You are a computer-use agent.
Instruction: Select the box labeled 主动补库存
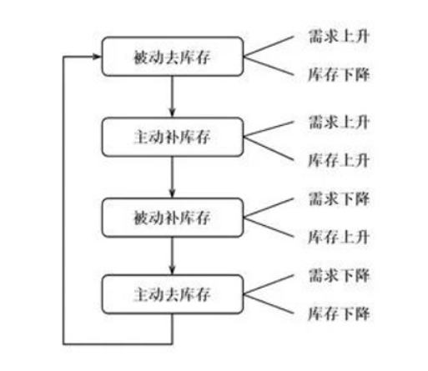(x=172, y=135)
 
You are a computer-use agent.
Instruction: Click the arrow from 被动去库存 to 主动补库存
(x=172, y=96)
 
